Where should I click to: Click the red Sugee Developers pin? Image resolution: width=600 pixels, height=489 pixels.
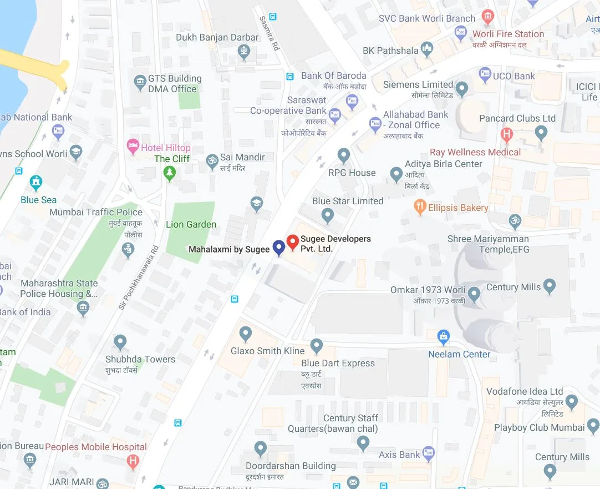(292, 243)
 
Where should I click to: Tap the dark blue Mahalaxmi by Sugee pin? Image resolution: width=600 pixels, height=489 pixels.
(279, 248)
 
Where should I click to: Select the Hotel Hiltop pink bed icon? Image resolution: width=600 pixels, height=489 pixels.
(133, 147)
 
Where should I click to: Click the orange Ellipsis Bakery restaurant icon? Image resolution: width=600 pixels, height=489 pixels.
(420, 208)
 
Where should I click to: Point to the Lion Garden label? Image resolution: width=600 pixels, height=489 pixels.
(191, 224)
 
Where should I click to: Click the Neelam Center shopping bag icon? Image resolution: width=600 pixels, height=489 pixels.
(443, 336)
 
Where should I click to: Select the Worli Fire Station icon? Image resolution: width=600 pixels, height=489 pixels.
(488, 17)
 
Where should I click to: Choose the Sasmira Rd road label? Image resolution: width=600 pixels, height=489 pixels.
(270, 33)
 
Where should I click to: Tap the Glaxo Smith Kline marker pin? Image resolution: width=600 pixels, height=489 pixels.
(246, 334)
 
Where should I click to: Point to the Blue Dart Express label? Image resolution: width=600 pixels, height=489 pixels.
(338, 363)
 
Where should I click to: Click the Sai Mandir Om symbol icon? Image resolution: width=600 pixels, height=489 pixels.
(212, 161)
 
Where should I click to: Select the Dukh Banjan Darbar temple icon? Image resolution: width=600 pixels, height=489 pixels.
(244, 52)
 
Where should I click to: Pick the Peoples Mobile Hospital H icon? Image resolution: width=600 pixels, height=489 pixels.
(133, 460)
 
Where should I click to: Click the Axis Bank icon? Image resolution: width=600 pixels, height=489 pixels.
(428, 455)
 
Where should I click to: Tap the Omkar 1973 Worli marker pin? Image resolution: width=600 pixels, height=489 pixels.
(474, 293)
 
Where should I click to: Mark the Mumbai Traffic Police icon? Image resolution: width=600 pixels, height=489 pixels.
(128, 250)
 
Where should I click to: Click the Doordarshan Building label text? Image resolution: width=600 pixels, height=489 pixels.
(291, 466)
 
